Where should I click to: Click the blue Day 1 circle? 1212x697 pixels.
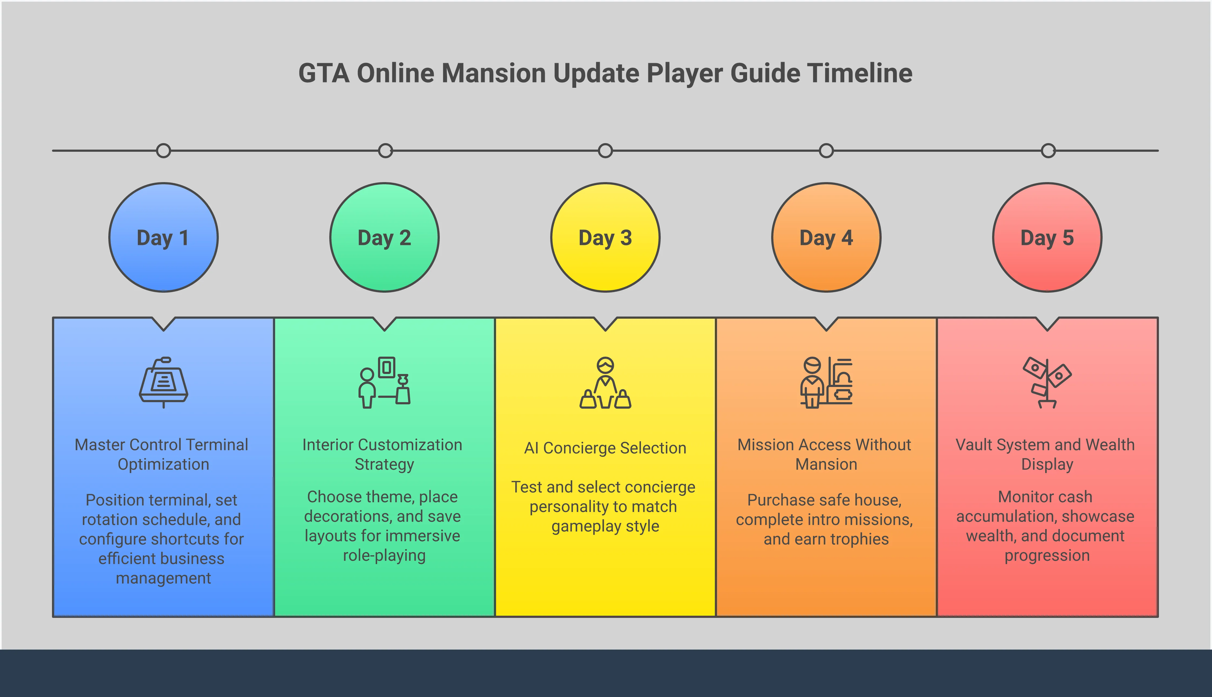pyautogui.click(x=164, y=237)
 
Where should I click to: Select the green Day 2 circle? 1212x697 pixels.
pyautogui.click(x=385, y=237)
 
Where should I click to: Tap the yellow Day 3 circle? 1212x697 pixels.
pyautogui.click(x=605, y=237)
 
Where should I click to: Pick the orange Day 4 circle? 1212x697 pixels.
pyautogui.click(x=826, y=237)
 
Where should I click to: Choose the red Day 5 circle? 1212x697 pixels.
pyautogui.click(x=1047, y=237)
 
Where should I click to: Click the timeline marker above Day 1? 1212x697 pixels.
pyautogui.click(x=164, y=151)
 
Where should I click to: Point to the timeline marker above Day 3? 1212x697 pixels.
pyautogui.click(x=605, y=151)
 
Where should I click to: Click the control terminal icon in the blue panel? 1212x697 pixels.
pyautogui.click(x=164, y=382)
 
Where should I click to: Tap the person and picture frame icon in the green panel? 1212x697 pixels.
pyautogui.click(x=385, y=382)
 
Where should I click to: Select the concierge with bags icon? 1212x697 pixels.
pyautogui.click(x=605, y=382)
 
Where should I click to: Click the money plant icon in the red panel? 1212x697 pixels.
pyautogui.click(x=1047, y=382)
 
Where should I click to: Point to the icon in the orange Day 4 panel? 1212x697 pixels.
pyautogui.click(x=826, y=382)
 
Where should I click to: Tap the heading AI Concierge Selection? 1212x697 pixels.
pyautogui.click(x=605, y=448)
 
